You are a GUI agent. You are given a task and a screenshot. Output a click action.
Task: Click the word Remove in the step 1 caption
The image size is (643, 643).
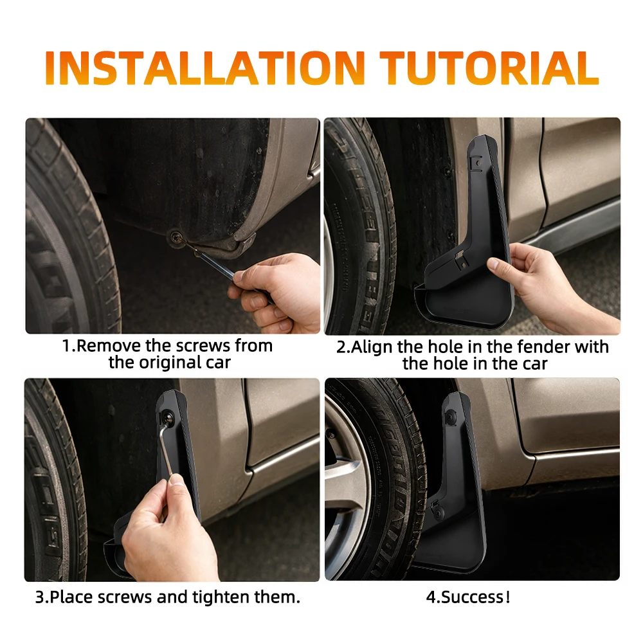point(109,346)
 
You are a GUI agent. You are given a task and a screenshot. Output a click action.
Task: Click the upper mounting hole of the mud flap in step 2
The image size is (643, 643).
point(478,163)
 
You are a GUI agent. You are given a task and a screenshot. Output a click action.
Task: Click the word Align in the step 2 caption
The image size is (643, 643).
point(372,347)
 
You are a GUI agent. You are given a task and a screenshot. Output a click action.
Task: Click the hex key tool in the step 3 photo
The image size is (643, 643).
point(164,451)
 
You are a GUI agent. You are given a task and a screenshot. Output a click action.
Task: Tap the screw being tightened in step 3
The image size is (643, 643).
point(168,418)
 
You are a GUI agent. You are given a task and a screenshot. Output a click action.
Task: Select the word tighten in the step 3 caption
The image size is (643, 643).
point(221,597)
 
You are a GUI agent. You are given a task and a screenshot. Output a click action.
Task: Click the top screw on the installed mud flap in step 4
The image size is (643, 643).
point(451,417)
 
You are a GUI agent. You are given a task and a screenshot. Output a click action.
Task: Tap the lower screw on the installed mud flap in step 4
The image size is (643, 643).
point(438,513)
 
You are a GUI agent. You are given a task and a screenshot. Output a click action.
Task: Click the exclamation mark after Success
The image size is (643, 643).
point(508,597)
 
